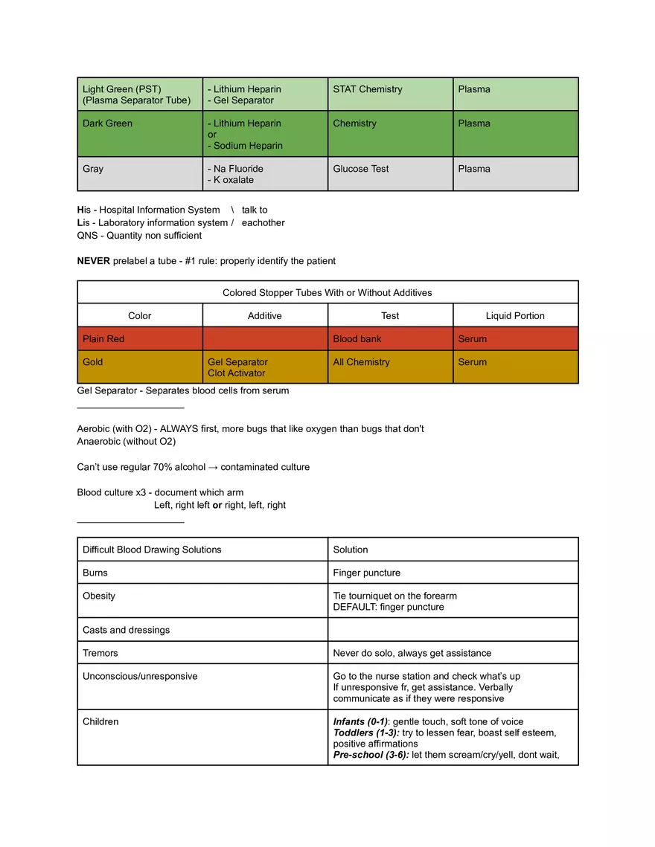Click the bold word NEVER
point(94,261)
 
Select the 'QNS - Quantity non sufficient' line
point(139,236)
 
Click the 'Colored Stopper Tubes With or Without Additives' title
point(327,292)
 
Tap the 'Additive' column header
point(265,316)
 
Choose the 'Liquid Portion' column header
point(515,316)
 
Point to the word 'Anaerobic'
point(101,442)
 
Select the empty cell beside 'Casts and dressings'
point(453,630)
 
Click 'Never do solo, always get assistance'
point(412,653)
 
